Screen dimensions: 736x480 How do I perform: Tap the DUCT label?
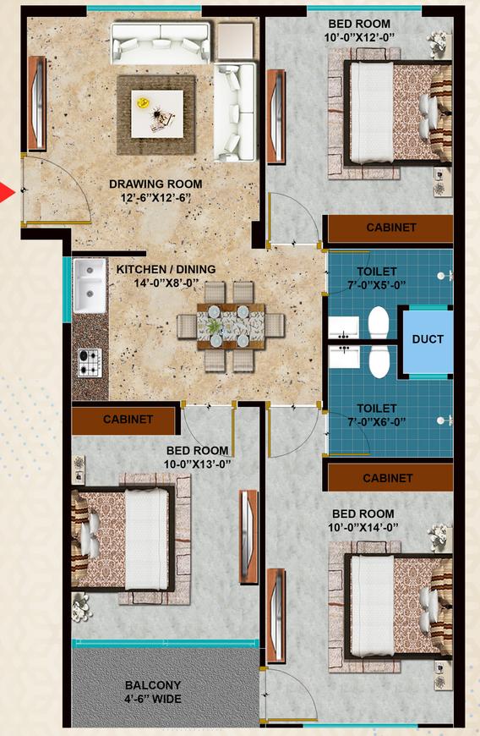tap(428, 339)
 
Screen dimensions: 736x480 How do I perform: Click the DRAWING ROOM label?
tap(155, 184)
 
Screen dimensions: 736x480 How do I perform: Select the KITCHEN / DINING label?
tap(166, 269)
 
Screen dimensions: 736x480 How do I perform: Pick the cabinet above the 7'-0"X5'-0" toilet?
tap(390, 228)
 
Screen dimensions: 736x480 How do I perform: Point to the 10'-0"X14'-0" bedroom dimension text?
tap(363, 527)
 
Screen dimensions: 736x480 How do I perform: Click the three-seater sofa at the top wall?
tap(161, 41)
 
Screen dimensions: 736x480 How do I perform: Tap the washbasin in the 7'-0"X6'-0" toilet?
tap(344, 356)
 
